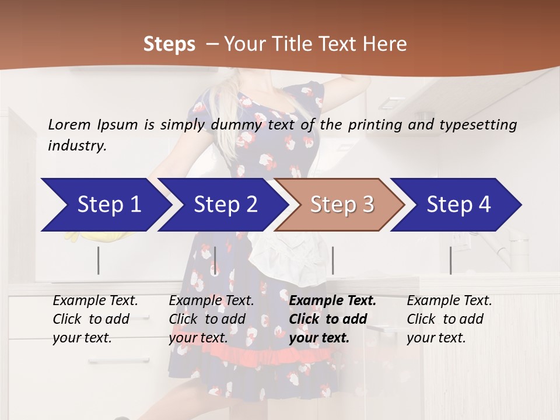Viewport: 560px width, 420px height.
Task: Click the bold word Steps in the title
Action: click(x=169, y=44)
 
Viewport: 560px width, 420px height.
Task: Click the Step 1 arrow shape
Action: click(x=105, y=205)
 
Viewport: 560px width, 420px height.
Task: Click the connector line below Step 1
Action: click(x=99, y=260)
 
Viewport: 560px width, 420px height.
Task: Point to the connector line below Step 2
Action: click(x=215, y=260)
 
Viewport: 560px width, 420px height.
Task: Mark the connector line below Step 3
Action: click(x=333, y=260)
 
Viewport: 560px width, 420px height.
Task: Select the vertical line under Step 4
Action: click(x=450, y=260)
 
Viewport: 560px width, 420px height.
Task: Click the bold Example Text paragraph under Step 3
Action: click(x=332, y=319)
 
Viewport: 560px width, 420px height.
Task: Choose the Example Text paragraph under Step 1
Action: click(x=95, y=319)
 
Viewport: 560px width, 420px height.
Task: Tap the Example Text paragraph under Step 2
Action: click(x=211, y=319)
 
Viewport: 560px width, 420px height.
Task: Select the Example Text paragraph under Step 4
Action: click(x=449, y=319)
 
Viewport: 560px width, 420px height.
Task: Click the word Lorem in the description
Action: click(x=69, y=124)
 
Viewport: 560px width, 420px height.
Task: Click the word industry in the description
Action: click(x=77, y=146)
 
